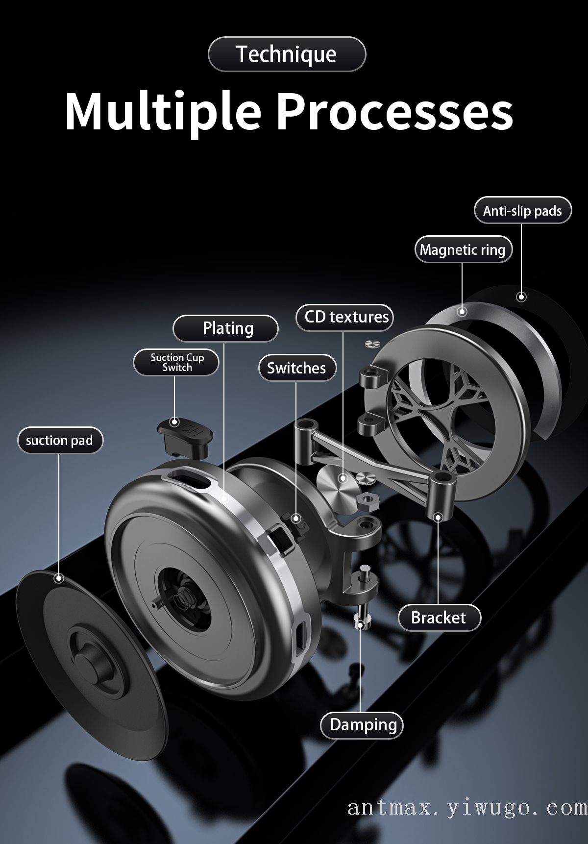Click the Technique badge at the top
pyautogui.click(x=287, y=54)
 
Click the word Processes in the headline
pyautogui.click(x=395, y=111)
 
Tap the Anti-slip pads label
pyautogui.click(x=522, y=211)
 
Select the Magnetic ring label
pyautogui.click(x=463, y=250)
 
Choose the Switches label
pyautogui.click(x=296, y=368)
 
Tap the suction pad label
pyautogui.click(x=59, y=441)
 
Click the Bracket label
pyautogui.click(x=439, y=618)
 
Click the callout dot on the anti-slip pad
pyautogui.click(x=521, y=297)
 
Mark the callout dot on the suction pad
pyautogui.click(x=59, y=578)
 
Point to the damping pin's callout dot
pyautogui.click(x=361, y=625)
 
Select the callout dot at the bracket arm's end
pyautogui.click(x=438, y=517)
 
